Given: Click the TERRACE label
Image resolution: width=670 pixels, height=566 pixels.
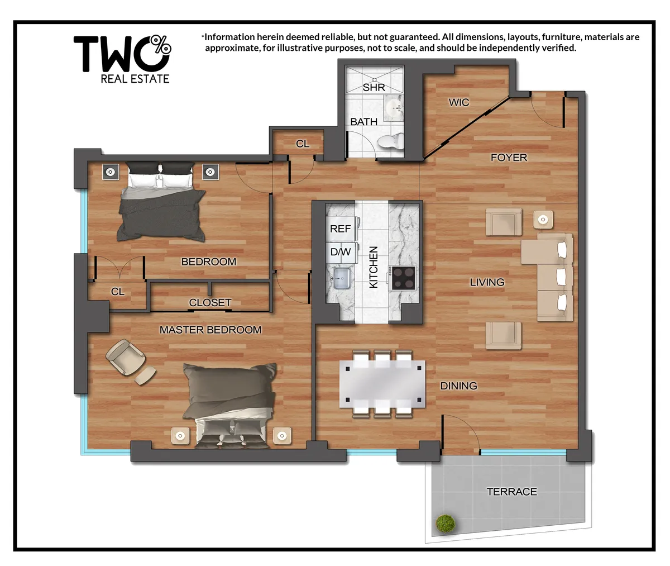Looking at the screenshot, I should (511, 492).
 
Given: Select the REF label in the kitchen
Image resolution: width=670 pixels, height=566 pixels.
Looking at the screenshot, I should (340, 229).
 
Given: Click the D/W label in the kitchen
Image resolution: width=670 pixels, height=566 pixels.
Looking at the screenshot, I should (340, 252).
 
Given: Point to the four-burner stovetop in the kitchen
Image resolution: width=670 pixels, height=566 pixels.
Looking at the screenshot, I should (403, 278).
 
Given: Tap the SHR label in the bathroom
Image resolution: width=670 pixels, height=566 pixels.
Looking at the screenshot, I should (374, 87).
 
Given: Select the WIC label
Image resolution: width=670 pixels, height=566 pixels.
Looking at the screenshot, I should (459, 102).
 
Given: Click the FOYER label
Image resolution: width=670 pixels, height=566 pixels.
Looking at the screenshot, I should (509, 158).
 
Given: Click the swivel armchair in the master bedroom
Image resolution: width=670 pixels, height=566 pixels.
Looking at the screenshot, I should (125, 357).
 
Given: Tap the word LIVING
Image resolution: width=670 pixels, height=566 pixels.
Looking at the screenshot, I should (487, 282).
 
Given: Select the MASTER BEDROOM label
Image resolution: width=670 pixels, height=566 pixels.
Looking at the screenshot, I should (210, 330).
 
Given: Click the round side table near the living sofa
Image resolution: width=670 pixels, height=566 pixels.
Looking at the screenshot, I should (542, 219).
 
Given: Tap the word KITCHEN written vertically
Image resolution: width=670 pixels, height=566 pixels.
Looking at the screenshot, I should (374, 267).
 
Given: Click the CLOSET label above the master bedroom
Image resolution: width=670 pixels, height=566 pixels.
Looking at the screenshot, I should (210, 302).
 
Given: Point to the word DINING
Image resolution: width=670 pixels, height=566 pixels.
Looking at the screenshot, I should (458, 386).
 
